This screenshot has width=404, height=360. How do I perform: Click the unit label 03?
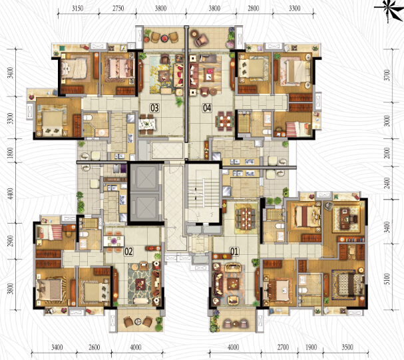(154, 108)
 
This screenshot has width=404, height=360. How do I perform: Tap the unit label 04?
(207, 108)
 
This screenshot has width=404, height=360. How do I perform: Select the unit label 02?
(128, 252)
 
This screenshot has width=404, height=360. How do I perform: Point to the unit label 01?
(234, 252)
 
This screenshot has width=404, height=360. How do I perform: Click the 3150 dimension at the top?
(78, 9)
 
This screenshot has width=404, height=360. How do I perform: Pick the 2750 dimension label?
(118, 9)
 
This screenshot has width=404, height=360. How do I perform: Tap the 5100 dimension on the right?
(387, 279)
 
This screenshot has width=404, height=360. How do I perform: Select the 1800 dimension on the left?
(10, 152)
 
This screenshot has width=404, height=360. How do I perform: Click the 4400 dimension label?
(10, 194)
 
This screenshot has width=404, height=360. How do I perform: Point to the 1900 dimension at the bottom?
(311, 347)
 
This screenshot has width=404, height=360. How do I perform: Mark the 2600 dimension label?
(95, 347)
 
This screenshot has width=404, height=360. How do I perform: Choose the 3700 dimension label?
(387, 75)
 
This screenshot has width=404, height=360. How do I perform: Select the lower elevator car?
(144, 206)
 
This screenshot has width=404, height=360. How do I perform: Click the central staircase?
(203, 193)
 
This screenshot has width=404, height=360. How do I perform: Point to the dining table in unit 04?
(225, 121)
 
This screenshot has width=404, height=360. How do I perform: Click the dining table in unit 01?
(246, 219)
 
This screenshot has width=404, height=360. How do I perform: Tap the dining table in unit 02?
(114, 242)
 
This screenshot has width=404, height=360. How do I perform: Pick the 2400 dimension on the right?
(387, 183)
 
